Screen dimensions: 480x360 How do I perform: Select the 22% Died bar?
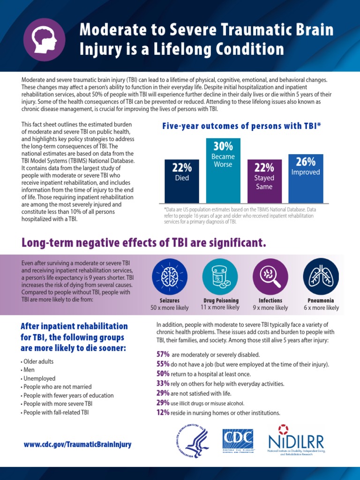[181, 180]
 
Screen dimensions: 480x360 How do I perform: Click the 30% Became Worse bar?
[223, 170]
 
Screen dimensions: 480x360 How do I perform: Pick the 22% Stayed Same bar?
[264, 180]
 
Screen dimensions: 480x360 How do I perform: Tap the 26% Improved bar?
[306, 178]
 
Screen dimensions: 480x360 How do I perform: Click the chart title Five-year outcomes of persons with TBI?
[241, 126]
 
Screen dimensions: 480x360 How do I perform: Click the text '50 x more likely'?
[169, 308]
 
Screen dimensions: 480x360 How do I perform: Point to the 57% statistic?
[163, 354]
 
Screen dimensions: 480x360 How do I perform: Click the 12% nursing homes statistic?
[163, 413]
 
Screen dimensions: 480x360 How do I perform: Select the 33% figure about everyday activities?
[163, 383]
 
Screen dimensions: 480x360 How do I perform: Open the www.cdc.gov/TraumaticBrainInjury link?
[78, 444]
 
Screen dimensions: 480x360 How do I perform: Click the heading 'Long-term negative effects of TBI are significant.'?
[143, 243]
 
